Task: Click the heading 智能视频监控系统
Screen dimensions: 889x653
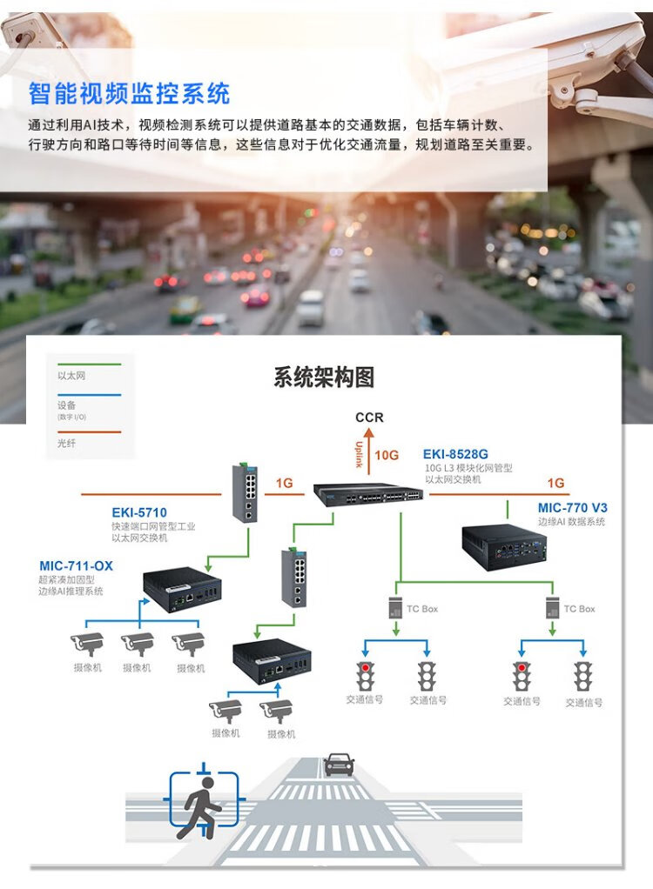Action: tap(130, 92)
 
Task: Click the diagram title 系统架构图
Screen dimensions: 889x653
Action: tap(324, 378)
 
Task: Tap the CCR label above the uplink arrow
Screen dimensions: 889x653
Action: tap(369, 418)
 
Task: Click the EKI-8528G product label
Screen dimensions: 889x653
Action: tap(455, 454)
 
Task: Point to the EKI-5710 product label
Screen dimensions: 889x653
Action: tap(139, 512)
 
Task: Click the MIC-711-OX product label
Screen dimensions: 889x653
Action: tap(76, 566)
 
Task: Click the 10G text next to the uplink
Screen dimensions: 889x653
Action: tap(387, 455)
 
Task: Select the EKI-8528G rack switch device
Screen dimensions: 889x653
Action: tap(368, 493)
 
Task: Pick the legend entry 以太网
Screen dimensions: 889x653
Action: tap(71, 376)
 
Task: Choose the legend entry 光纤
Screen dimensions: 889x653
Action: tap(66, 444)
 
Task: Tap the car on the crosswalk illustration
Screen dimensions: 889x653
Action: tap(339, 765)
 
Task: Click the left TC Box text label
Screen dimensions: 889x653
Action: tap(422, 609)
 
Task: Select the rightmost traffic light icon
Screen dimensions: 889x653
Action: tap(582, 676)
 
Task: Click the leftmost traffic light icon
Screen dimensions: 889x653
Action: tap(365, 676)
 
